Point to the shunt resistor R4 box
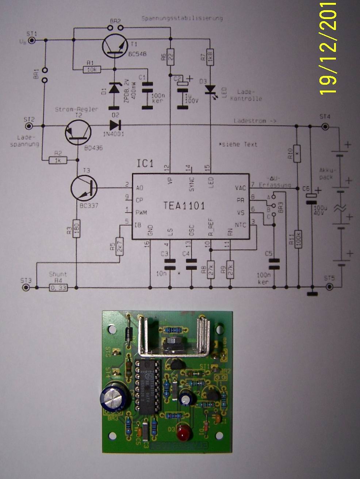click(x=59, y=288)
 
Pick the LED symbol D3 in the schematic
click(x=210, y=89)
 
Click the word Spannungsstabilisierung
click(x=181, y=18)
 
